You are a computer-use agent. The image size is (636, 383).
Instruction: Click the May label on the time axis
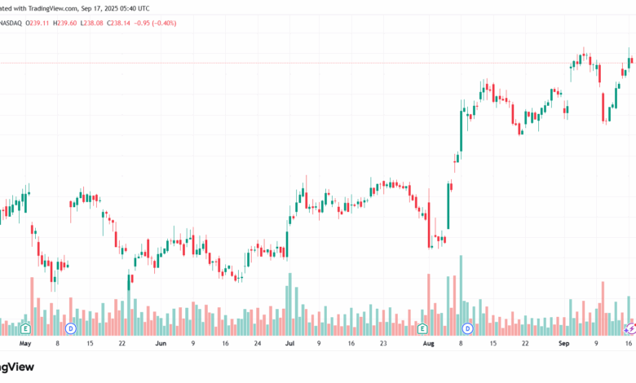coord(25,344)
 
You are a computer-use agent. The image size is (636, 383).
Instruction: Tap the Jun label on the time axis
coord(161,344)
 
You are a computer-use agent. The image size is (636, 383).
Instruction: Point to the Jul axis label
coord(289,344)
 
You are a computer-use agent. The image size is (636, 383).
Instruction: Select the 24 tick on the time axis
coord(257,344)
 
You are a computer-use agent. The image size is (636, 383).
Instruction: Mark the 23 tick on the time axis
coord(383,344)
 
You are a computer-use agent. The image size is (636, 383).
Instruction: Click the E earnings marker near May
coord(26,328)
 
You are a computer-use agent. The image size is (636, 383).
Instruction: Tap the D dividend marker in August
coord(468,328)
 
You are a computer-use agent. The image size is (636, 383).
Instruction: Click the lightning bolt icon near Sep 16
coord(629,328)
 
